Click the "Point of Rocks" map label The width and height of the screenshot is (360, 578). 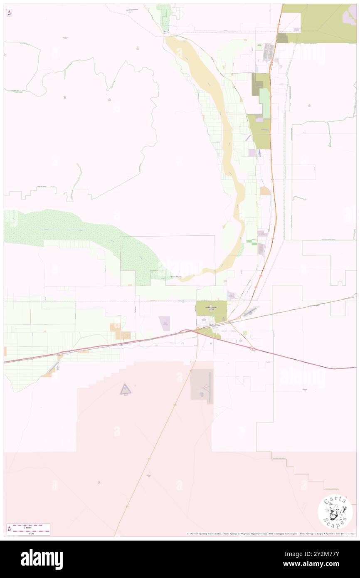pyautogui.click(x=176, y=277)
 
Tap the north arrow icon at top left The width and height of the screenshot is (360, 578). pyautogui.click(x=9, y=13)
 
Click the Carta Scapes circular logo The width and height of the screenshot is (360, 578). pyautogui.click(x=335, y=512)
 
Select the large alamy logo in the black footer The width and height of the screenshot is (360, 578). pyautogui.click(x=42, y=559)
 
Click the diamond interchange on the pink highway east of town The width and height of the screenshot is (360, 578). pyautogui.click(x=252, y=349)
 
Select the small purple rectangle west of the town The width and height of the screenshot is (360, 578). pyautogui.click(x=165, y=323)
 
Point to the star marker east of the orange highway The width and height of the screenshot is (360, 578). pyautogui.click(x=309, y=106)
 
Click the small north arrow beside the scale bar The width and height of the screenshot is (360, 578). pyautogui.click(x=9, y=529)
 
